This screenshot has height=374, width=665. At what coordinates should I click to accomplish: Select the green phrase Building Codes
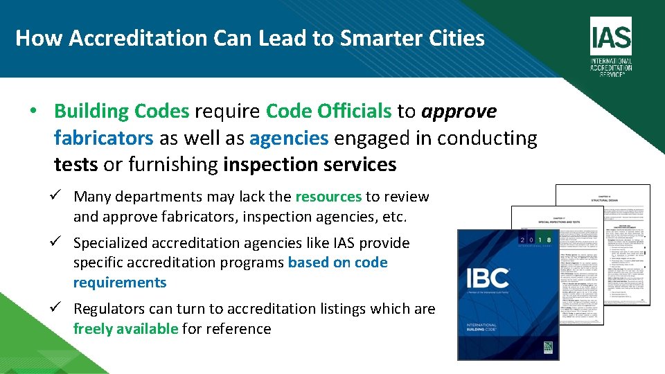click(121, 112)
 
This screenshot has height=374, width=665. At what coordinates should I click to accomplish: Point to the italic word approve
click(459, 112)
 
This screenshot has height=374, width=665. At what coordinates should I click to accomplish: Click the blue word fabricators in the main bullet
click(103, 138)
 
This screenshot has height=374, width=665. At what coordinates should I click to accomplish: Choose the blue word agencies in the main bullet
click(289, 138)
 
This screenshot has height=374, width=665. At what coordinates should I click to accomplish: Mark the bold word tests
click(76, 165)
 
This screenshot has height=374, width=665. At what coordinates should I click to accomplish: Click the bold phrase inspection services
click(310, 165)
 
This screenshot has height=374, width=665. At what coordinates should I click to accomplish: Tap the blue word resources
click(328, 197)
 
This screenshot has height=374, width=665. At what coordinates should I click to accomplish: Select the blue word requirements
click(120, 283)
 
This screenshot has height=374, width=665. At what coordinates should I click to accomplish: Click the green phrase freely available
click(125, 329)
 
